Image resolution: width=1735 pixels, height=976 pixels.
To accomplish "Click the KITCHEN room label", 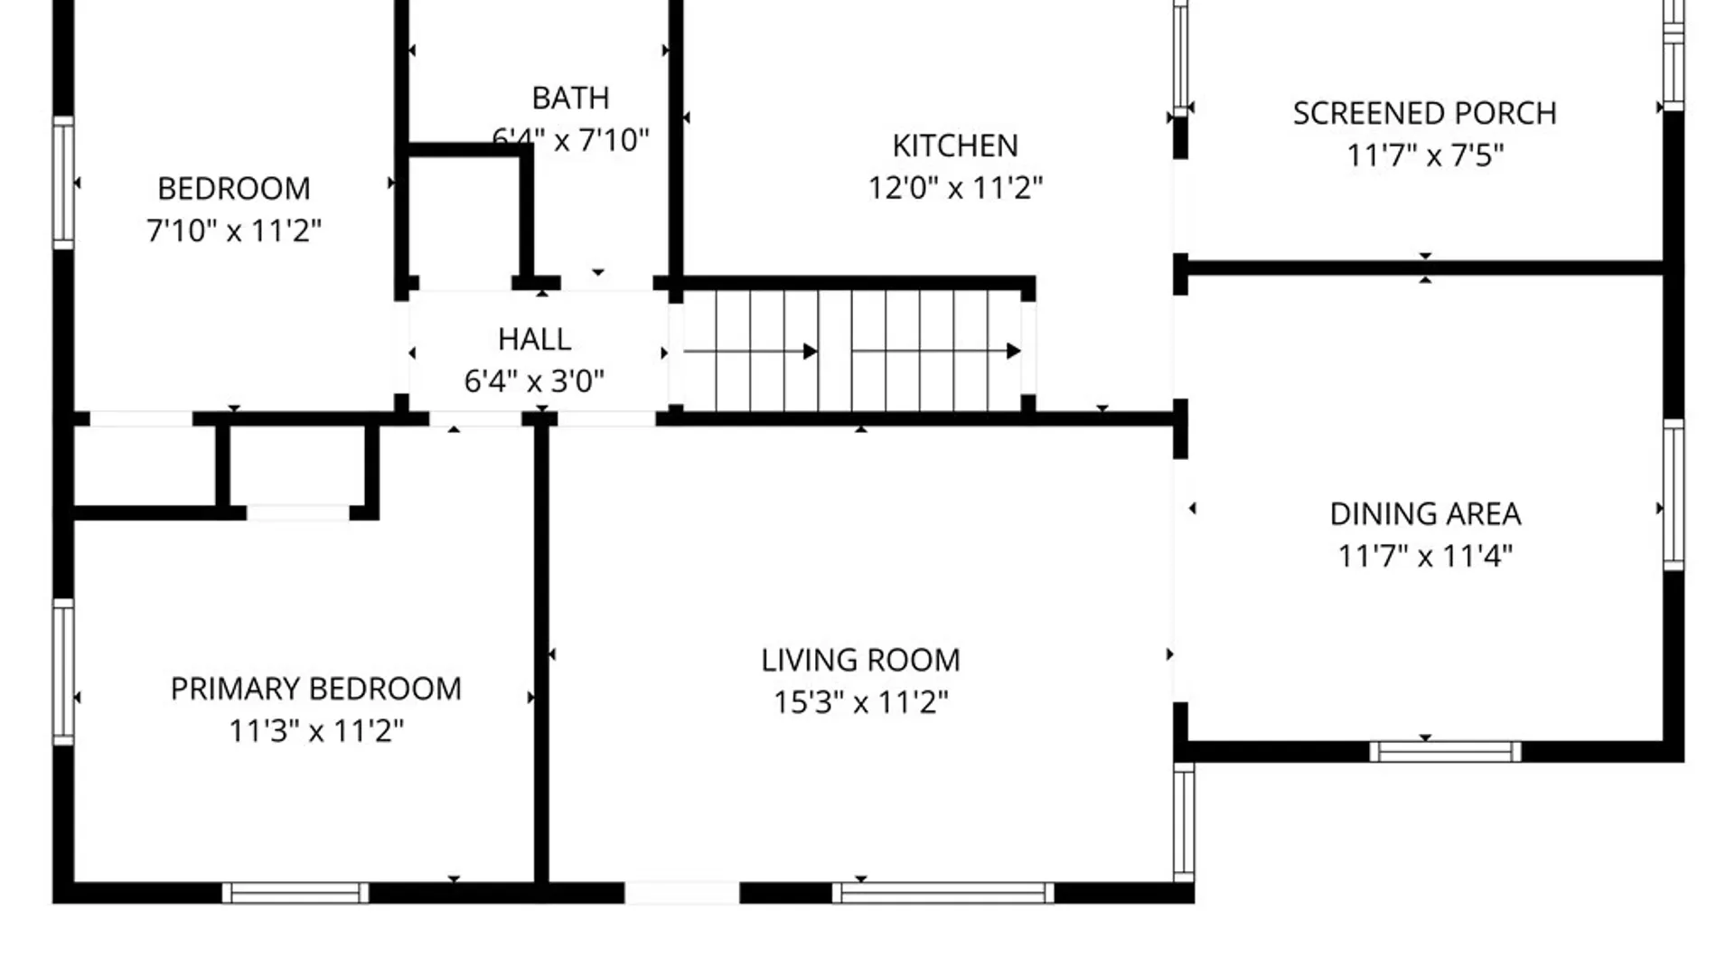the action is tap(955, 145).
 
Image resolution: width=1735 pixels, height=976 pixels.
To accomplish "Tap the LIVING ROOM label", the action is tap(860, 661).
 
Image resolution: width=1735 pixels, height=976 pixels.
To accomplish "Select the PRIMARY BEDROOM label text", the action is tap(316, 690).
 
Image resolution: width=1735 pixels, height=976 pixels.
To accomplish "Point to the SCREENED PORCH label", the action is tap(1425, 114).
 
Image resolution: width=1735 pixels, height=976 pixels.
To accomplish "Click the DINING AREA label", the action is tap(1425, 514).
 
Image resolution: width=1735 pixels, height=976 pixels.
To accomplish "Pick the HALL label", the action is tap(534, 340).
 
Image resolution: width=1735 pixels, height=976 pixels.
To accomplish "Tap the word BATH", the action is tap(570, 98).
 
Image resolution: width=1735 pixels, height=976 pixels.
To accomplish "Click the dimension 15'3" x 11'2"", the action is tap(860, 702).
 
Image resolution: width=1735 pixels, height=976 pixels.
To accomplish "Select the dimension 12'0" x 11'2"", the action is tap(955, 188).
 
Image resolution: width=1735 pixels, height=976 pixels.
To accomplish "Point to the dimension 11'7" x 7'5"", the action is tap(1425, 155).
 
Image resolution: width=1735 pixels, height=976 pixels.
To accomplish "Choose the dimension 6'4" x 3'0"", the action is tap(534, 381).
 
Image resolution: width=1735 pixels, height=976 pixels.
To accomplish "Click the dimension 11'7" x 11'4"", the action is tap(1425, 556).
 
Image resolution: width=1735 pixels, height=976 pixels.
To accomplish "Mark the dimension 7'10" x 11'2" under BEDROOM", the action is tap(234, 231).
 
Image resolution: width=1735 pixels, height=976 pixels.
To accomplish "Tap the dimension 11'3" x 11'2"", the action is tap(316, 731).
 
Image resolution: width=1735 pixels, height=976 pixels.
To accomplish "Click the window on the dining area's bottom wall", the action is tap(1446, 752).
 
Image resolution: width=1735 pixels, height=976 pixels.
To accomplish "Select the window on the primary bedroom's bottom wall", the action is tap(295, 893).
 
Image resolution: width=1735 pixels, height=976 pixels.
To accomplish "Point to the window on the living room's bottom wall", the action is tap(943, 893).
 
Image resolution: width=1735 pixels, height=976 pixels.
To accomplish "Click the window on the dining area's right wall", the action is tap(1674, 494).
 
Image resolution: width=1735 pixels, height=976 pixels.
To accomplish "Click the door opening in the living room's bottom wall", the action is tap(682, 893).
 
